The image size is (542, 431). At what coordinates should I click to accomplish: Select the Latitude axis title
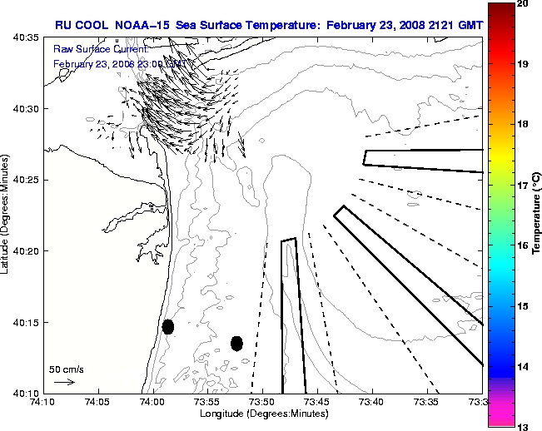pos(6,215)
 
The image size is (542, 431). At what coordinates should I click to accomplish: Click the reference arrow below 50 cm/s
pos(64,382)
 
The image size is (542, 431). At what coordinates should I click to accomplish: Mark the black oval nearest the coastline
pos(168,326)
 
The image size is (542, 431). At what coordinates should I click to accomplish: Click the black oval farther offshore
pos(236,343)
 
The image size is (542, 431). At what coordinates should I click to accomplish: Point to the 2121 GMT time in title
pos(442,26)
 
